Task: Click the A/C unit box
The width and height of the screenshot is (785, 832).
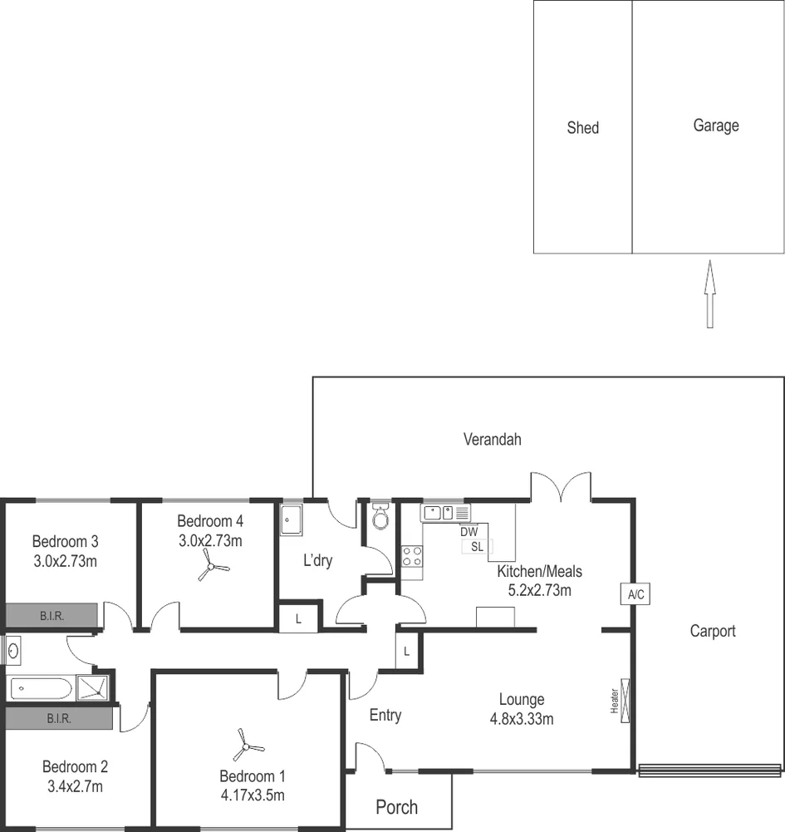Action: click(x=635, y=593)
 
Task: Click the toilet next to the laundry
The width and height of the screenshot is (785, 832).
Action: click(x=380, y=517)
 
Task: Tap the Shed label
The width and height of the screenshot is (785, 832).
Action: click(x=582, y=128)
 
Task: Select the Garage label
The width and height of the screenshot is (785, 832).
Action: click(x=715, y=126)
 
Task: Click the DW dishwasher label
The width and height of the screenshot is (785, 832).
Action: click(x=469, y=532)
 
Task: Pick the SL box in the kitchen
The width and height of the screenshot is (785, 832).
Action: click(x=477, y=546)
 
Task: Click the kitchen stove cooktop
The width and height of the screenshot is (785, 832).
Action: click(x=412, y=556)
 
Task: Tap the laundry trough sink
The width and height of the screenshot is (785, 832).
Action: click(x=291, y=519)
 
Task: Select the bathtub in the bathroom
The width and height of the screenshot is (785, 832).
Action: click(x=41, y=688)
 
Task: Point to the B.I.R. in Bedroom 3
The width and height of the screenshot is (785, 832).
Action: click(x=52, y=616)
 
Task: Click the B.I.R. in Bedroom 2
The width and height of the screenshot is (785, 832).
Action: click(x=58, y=718)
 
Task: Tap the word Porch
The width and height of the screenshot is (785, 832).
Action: click(x=397, y=807)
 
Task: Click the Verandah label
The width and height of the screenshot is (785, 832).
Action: click(x=492, y=440)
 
